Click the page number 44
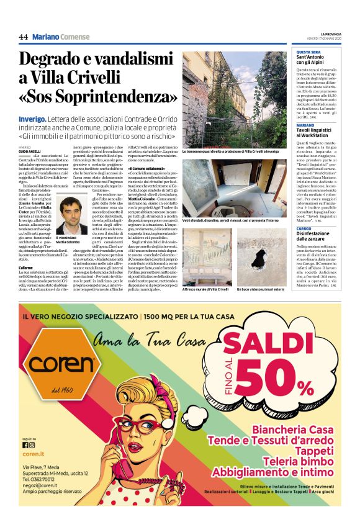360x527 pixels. point(23,37)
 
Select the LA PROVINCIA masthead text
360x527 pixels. point(335,34)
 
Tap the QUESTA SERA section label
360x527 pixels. point(308,52)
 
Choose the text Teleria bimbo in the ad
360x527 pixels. point(299,460)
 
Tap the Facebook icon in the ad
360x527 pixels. point(25,444)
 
